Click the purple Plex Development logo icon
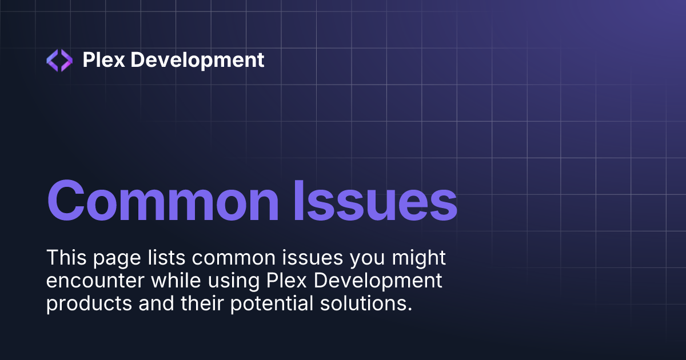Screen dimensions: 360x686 point(59,60)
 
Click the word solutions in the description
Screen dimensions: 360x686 point(366,303)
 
